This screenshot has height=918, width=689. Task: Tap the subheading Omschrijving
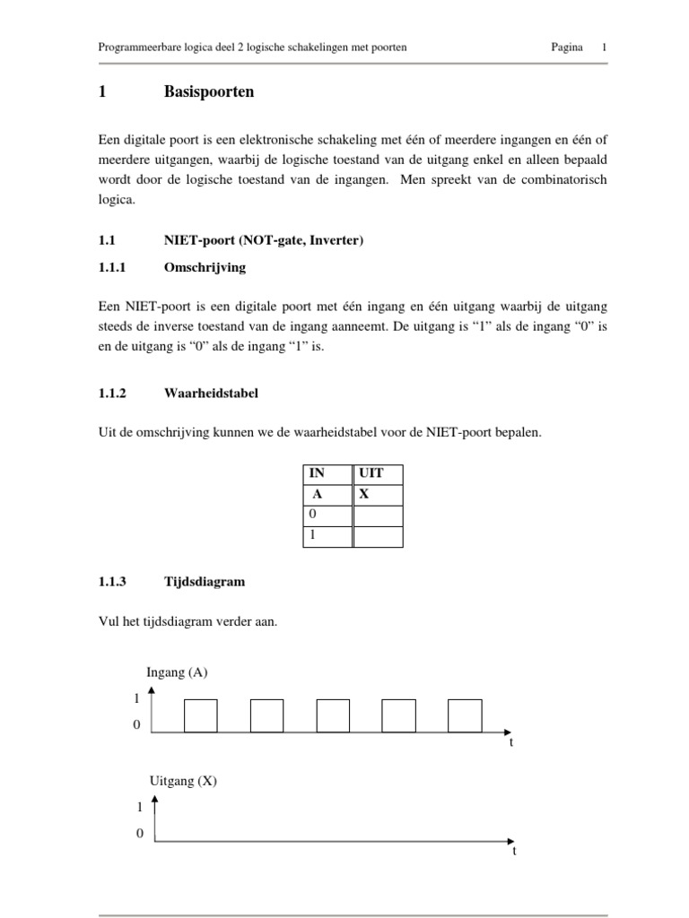point(205,267)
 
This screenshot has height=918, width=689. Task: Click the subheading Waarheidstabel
point(210,393)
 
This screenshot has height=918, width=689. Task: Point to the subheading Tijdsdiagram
point(204,582)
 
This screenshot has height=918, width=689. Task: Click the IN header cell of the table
point(327,474)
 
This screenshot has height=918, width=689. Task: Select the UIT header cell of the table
point(378,474)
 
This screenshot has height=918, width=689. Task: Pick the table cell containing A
point(327,495)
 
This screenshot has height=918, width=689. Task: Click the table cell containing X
point(378,495)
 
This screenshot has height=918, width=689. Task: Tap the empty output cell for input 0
point(378,515)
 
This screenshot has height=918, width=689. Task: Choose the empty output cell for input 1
point(378,536)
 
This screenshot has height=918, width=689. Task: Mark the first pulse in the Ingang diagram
point(200,715)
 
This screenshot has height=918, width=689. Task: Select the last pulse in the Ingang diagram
point(465,715)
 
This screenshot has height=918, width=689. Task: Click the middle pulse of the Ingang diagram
point(333,715)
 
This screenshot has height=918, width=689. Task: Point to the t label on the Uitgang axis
point(514,851)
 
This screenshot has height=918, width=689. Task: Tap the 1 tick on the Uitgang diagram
point(140,807)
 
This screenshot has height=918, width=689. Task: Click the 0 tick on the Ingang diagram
point(136,724)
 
